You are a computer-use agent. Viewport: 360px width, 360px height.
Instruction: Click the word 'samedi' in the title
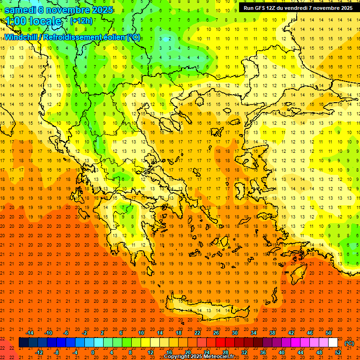tap(20, 10)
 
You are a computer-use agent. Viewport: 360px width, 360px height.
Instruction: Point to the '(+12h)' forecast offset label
tap(81, 21)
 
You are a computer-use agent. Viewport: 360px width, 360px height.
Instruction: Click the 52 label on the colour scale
tap(338, 352)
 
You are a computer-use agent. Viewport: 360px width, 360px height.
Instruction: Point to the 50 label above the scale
tap(329, 333)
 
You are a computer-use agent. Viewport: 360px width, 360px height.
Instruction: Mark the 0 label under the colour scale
tap(93, 352)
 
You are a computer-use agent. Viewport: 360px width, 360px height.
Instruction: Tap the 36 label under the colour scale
tap(262, 352)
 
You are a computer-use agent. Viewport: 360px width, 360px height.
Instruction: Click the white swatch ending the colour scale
tap(333, 343)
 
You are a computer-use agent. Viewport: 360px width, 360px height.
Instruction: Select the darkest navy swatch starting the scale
tap(23, 343)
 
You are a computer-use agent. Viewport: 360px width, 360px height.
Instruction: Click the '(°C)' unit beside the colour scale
tap(349, 343)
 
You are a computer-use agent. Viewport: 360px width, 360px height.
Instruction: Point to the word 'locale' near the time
tap(45, 21)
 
